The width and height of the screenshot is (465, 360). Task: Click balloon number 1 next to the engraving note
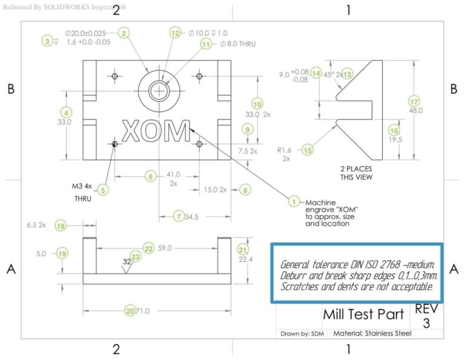[x=294, y=202]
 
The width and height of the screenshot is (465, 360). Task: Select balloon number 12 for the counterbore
[x=176, y=33]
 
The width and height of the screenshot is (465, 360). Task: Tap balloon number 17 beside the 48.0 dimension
[x=414, y=101]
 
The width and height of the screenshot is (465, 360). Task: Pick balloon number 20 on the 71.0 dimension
[x=130, y=310]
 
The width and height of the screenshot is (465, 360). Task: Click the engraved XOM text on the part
[x=156, y=130]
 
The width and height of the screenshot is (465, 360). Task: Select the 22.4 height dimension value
[x=242, y=260]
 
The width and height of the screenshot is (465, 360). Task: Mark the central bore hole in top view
[x=159, y=91]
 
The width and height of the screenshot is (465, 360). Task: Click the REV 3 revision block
[x=426, y=316]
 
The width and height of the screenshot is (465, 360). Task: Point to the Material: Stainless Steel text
[x=372, y=333]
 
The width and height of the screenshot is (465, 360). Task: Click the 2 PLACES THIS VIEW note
[x=356, y=172]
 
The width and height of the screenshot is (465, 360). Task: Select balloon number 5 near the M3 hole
[x=103, y=190]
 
